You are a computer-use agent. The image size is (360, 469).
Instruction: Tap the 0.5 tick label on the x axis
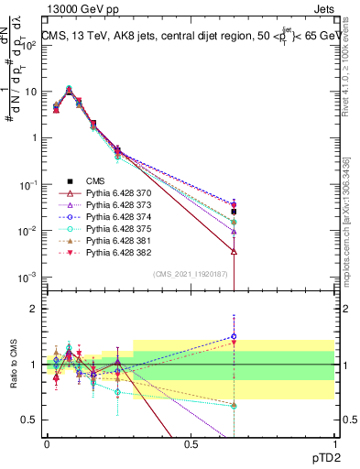[x=191, y=443]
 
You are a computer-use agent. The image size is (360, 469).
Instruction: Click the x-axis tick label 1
[x=334, y=443]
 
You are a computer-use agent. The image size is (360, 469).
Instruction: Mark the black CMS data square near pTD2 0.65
[x=235, y=212]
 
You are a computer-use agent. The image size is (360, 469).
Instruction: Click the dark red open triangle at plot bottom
[x=235, y=251]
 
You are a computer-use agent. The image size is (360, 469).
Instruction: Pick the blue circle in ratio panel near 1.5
[x=235, y=336]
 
